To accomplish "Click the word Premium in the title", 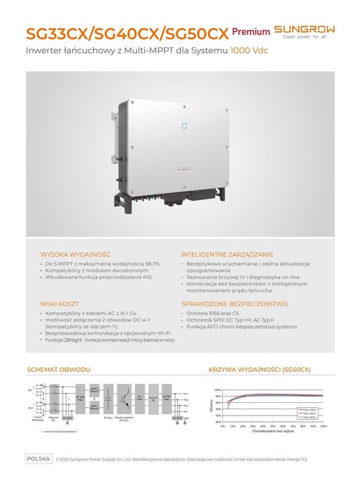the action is click(250, 32).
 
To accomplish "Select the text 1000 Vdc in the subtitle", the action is click(250, 52).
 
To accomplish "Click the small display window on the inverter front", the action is click(185, 128).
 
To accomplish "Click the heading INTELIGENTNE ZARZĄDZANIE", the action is click(227, 254).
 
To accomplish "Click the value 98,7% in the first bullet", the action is click(149, 263).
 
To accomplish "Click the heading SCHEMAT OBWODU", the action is click(59, 369).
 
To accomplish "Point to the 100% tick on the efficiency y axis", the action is click(217, 390).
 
